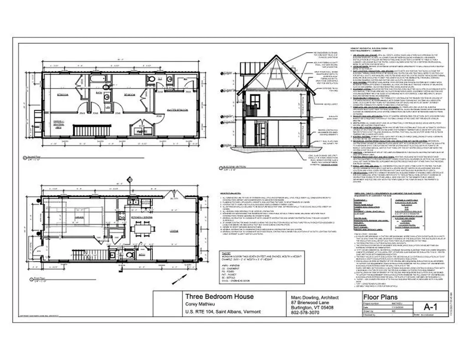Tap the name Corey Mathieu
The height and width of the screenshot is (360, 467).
[201, 304]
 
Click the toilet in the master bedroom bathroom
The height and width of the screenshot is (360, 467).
[150, 79]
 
